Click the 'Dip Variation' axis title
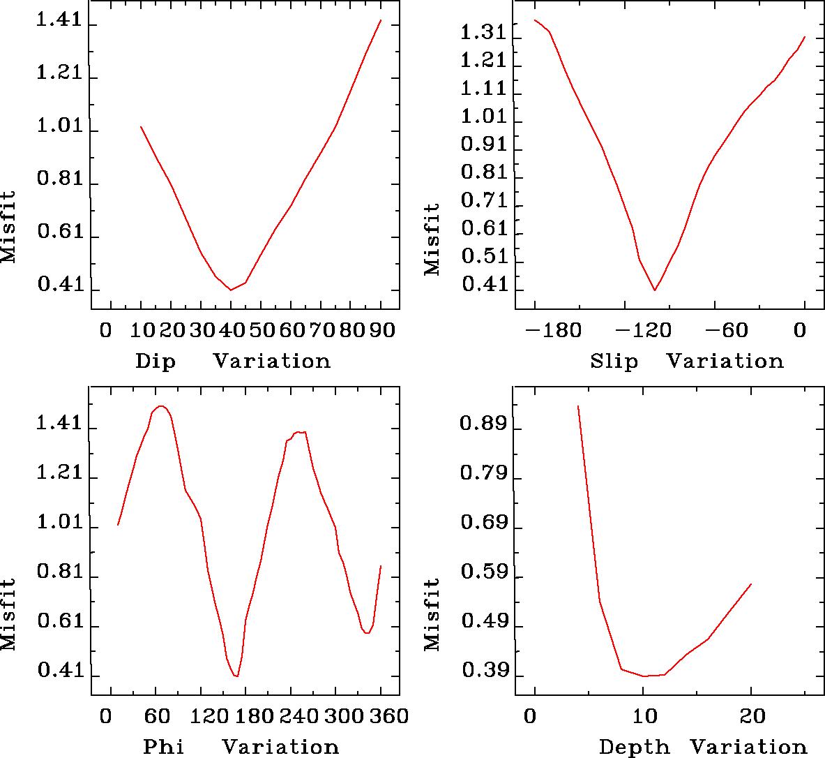(232, 361)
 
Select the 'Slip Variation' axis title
(686, 361)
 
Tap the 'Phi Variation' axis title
(241, 747)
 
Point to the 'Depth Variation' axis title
(702, 747)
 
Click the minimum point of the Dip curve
(231, 290)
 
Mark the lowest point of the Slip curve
(655, 290)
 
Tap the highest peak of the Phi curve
(161, 406)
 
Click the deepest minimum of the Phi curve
(237, 676)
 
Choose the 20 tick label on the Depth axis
(752, 716)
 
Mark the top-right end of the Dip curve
(381, 20)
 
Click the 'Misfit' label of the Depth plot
(432, 614)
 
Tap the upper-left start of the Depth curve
(578, 406)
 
